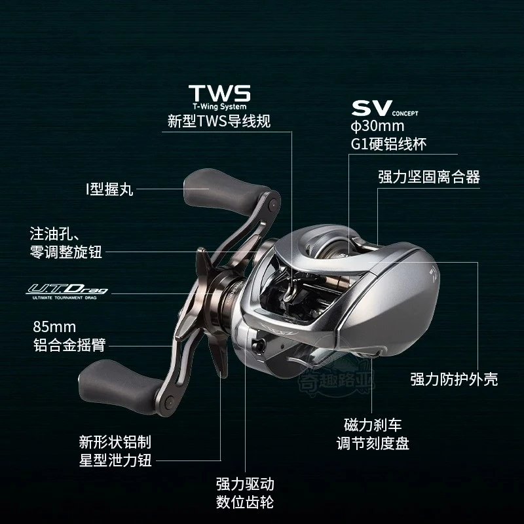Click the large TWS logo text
tap(219, 93)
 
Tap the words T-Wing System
tap(219, 107)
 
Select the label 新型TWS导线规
tap(219, 121)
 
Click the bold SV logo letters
tap(371, 108)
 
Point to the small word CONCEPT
tap(405, 113)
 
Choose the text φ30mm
tap(377, 126)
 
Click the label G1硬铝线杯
tap(388, 144)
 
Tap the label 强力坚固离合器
tap(429, 177)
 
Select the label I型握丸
tap(109, 189)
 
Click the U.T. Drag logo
tap(67, 291)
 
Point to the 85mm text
tap(54, 326)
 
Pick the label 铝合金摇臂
tap(69, 345)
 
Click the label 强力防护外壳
tap(454, 379)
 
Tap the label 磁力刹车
tap(373, 425)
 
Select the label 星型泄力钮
tap(115, 460)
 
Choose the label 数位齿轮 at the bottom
tap(245, 502)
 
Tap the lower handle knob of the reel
tap(121, 386)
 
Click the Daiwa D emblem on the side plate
tap(434, 274)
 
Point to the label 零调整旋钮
tap(66, 252)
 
